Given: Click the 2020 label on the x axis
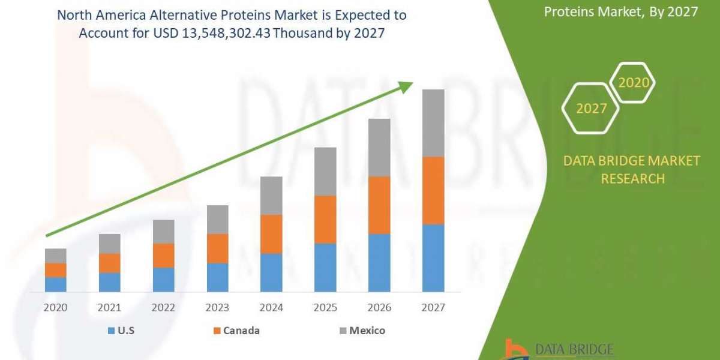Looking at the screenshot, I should (x=55, y=308).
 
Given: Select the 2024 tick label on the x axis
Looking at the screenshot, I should (x=271, y=308).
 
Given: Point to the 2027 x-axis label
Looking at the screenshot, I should (x=433, y=308).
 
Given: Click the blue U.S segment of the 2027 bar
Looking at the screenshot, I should (x=433, y=258).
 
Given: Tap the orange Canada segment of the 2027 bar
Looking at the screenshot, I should (x=433, y=190).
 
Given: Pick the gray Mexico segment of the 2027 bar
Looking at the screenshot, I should (x=433, y=123).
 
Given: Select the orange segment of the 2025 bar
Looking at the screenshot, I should (x=325, y=219).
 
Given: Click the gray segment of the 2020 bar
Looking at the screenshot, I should (x=55, y=256).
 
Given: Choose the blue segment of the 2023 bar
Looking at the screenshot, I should (x=217, y=277).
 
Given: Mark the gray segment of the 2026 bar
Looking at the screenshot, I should (x=379, y=148).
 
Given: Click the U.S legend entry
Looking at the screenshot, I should (x=121, y=331).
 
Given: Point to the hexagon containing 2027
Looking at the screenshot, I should (x=590, y=109).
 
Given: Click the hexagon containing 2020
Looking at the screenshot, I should (x=633, y=83).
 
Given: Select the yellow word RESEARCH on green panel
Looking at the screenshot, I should (x=632, y=179).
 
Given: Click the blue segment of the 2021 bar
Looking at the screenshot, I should (x=109, y=282).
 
